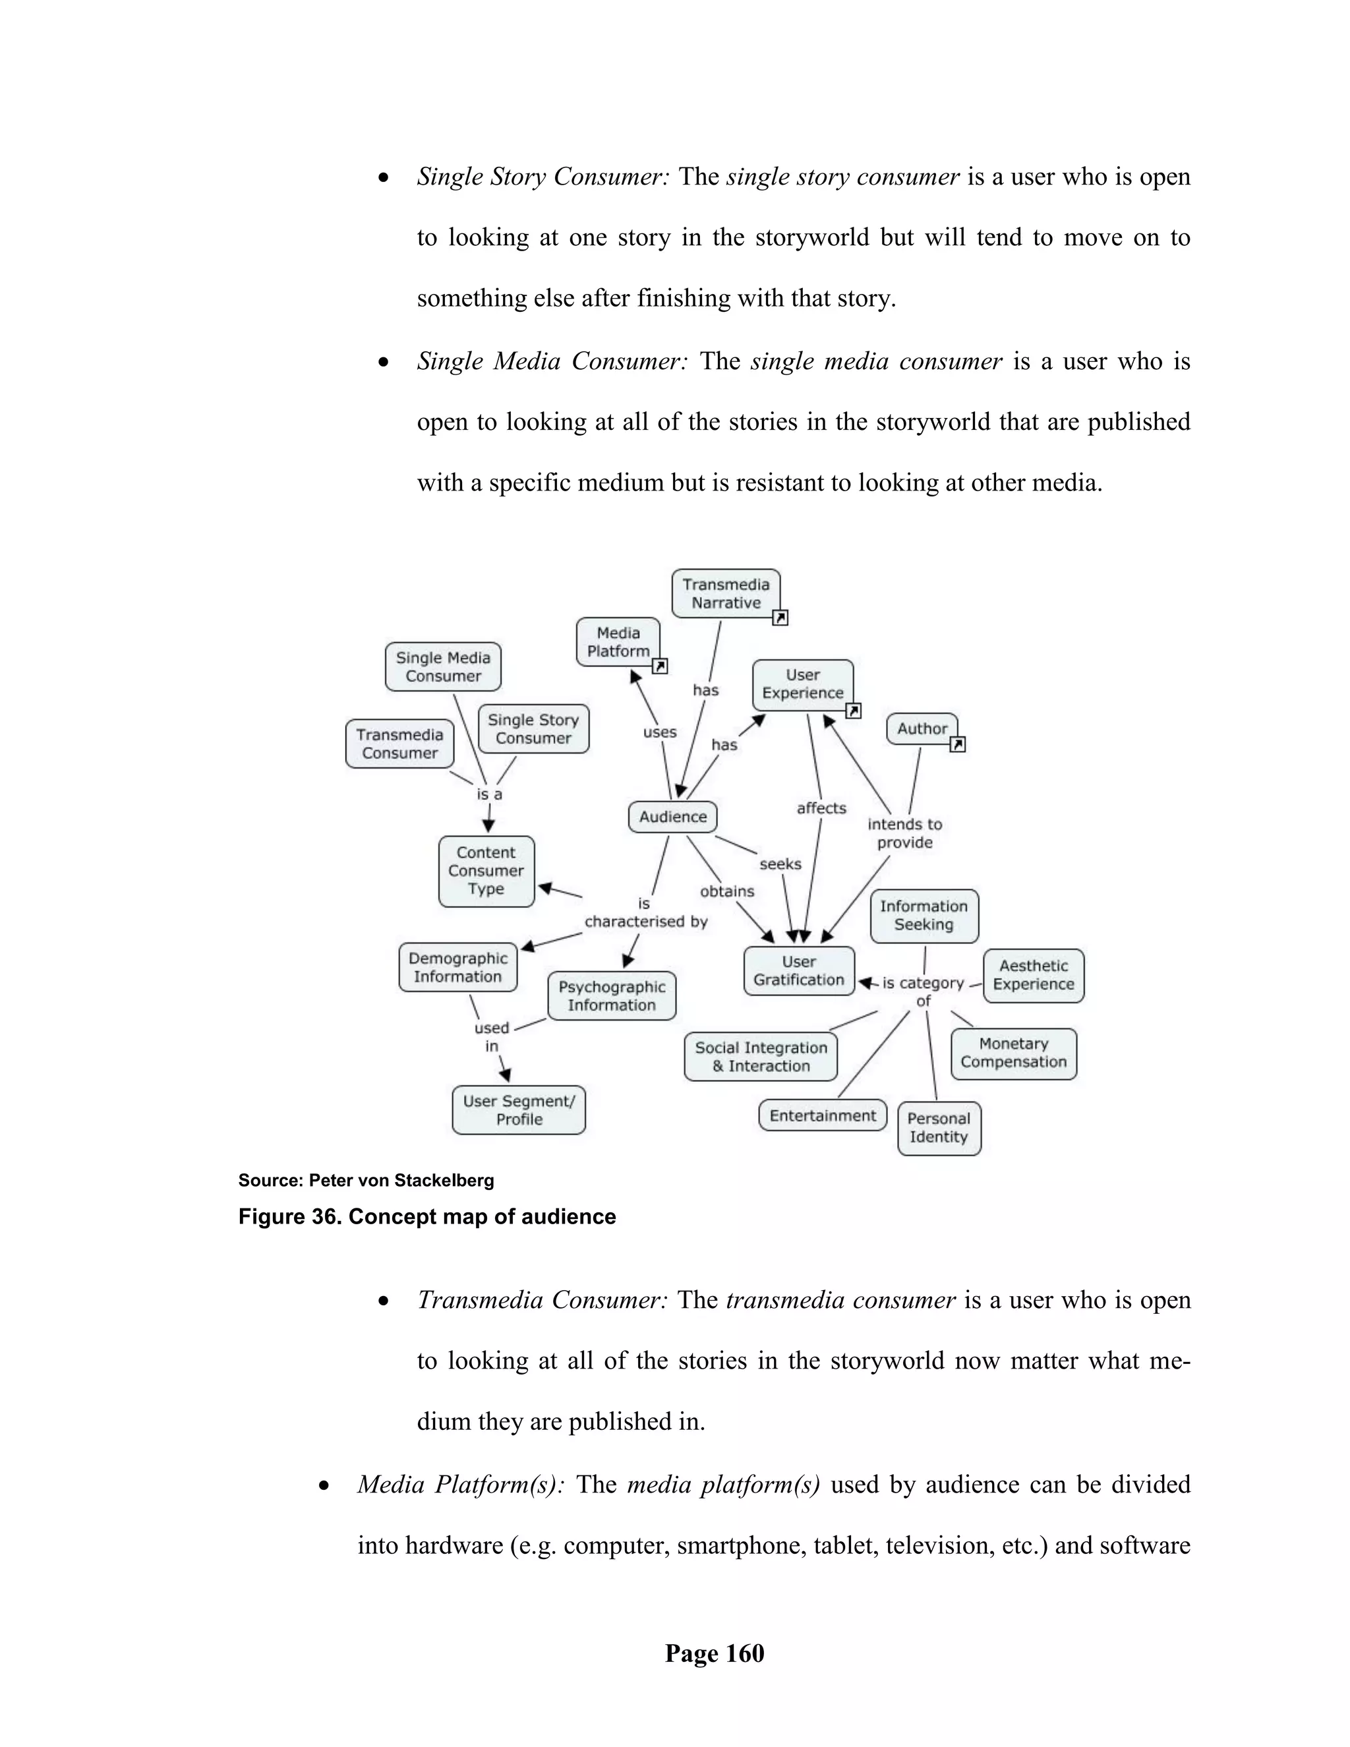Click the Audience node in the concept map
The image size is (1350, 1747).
click(x=672, y=817)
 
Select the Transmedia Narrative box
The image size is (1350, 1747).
click(x=725, y=593)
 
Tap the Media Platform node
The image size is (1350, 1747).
click(x=618, y=642)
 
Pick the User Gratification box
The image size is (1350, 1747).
click(x=798, y=971)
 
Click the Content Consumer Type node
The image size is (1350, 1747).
click(x=486, y=871)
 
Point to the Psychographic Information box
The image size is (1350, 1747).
click(x=612, y=996)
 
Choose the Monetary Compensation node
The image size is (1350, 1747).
click(x=1013, y=1053)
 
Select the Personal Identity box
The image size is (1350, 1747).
click(x=939, y=1128)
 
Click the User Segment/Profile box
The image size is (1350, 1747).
click(x=519, y=1110)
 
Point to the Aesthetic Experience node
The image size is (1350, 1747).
click(x=1034, y=975)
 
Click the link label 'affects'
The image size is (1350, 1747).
click(x=821, y=808)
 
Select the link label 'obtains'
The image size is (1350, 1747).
click(x=727, y=891)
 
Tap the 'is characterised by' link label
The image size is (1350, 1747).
click(x=645, y=912)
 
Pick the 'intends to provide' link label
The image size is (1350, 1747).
click(x=904, y=833)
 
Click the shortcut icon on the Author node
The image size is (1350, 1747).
click(x=957, y=745)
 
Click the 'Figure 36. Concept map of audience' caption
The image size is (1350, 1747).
click(x=427, y=1217)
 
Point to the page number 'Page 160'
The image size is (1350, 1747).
click(x=714, y=1653)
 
